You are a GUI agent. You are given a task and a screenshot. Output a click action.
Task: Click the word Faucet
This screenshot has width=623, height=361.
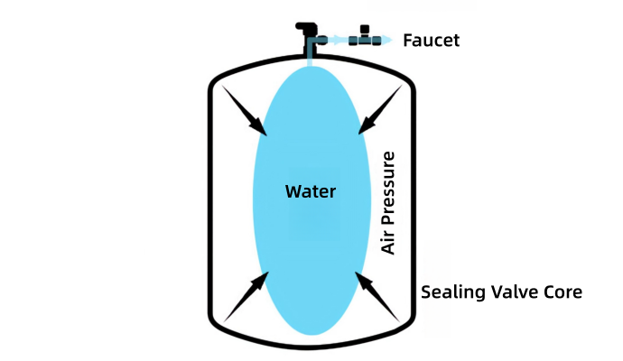pos(432,40)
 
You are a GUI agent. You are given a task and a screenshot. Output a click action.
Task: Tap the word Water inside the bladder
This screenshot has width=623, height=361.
pos(310,191)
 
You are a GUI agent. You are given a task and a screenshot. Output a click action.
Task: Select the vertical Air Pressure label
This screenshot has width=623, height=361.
pos(389,204)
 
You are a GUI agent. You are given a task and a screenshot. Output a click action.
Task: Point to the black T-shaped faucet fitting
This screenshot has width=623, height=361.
pos(366,37)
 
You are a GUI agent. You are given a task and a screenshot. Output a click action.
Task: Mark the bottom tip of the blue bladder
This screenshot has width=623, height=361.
pos(311,333)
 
